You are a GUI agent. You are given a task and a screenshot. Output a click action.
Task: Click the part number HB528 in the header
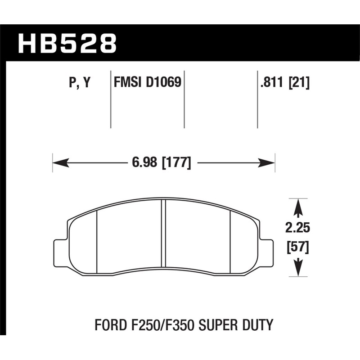(x=67, y=43)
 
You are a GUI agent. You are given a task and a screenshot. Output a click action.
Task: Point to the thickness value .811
(x=272, y=83)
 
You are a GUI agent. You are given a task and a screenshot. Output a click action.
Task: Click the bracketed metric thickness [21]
(x=298, y=83)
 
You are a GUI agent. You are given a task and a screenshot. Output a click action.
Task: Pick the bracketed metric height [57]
(x=298, y=247)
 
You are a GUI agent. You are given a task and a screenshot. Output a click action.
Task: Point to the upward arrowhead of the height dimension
(x=298, y=207)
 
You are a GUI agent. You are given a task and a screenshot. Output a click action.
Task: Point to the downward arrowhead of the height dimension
(x=298, y=270)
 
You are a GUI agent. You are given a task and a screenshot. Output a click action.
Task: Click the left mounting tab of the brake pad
(x=60, y=251)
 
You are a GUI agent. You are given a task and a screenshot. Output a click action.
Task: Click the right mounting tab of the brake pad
(x=266, y=251)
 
